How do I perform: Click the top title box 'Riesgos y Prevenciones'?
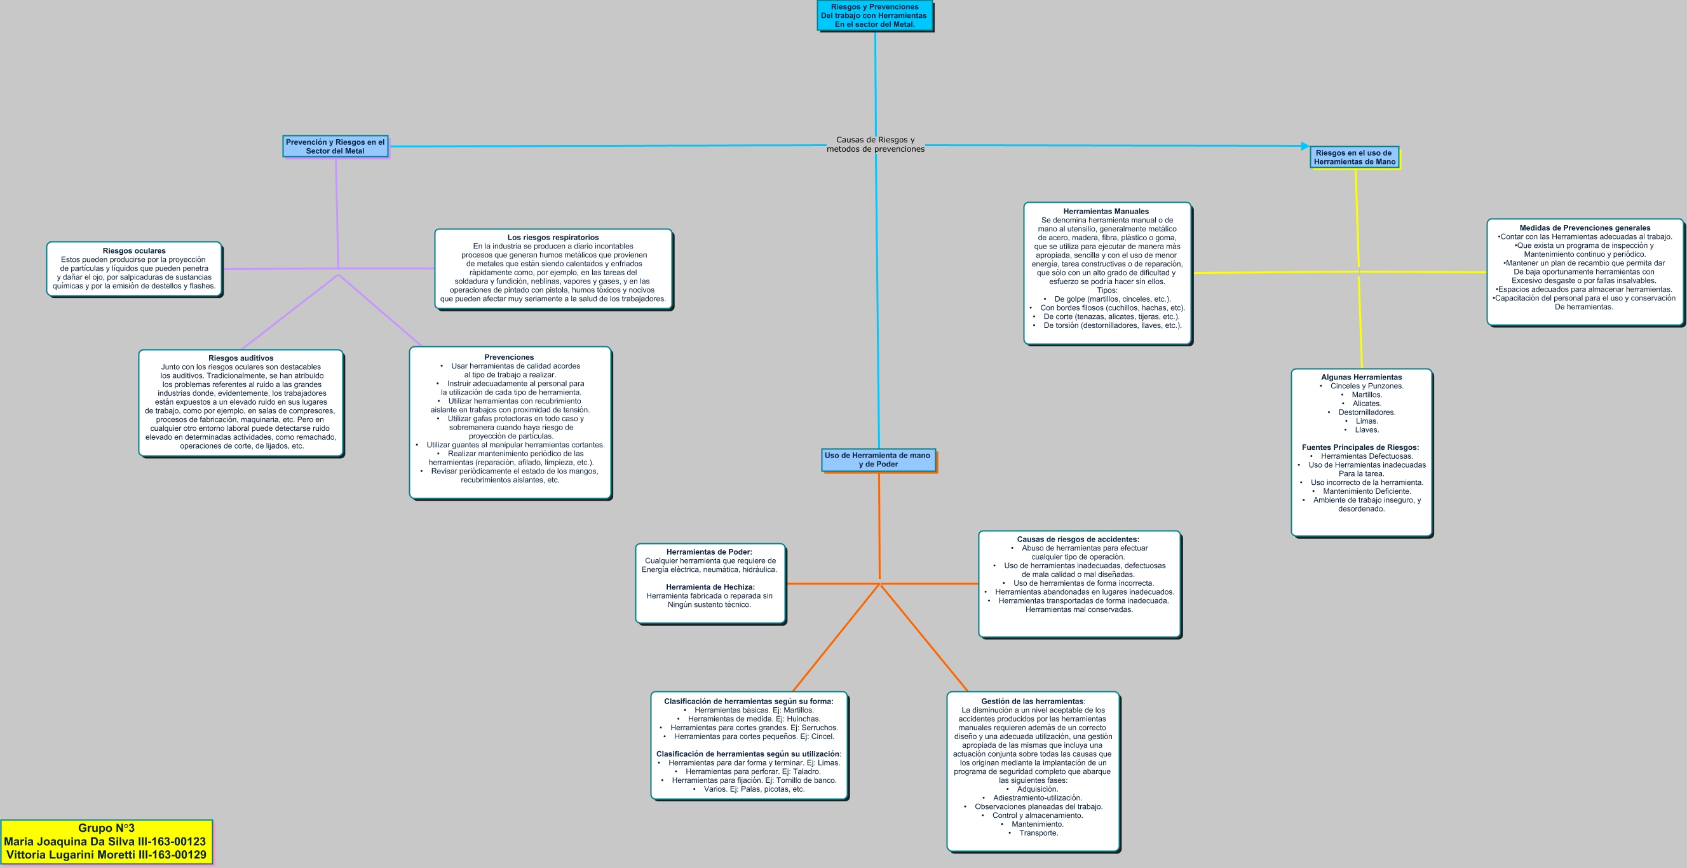[x=874, y=16]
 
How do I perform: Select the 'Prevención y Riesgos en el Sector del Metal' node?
[x=335, y=146]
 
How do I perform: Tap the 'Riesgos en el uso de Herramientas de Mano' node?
[x=1353, y=157]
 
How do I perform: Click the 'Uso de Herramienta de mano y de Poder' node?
[x=877, y=459]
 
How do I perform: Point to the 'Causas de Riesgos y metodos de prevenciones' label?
[x=875, y=144]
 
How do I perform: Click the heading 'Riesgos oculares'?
[x=134, y=251]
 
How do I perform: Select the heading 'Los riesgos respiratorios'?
[x=553, y=238]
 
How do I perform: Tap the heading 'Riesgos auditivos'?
[x=241, y=358]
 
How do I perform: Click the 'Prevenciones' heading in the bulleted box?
[x=509, y=358]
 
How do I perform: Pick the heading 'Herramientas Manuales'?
[x=1106, y=212]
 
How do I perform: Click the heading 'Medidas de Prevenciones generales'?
[x=1584, y=228]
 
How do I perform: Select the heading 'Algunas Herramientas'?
[x=1361, y=377]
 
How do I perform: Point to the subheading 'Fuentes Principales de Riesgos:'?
[x=1360, y=447]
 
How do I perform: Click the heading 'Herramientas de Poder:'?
[x=709, y=552]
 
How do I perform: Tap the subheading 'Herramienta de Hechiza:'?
[x=710, y=587]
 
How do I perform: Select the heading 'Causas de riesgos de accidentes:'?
[x=1078, y=539]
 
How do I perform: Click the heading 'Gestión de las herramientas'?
[x=1031, y=702]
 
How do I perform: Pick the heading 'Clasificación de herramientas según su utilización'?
[x=747, y=754]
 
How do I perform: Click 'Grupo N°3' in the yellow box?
[x=106, y=828]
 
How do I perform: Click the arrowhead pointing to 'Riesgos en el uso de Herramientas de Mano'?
[x=1304, y=146]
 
